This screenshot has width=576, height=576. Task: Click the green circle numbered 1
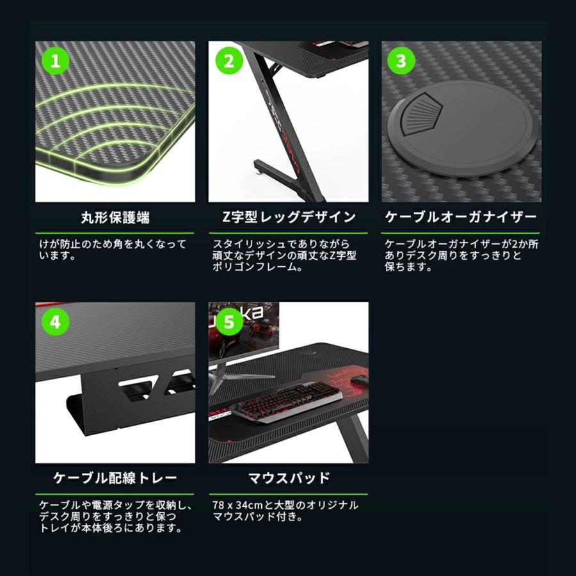[x=55, y=61]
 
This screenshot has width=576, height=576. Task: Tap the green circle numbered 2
[x=228, y=61]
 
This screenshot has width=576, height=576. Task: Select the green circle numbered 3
[x=401, y=61]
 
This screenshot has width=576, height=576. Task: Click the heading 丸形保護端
[x=115, y=218]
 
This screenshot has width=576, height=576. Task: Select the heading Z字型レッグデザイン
[x=288, y=218]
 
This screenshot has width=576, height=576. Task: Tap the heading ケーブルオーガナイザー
[x=461, y=218]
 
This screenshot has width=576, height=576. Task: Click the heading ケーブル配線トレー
[x=115, y=478]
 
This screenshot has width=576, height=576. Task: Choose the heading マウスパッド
[x=288, y=478]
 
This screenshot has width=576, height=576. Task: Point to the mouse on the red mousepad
[x=361, y=382]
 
